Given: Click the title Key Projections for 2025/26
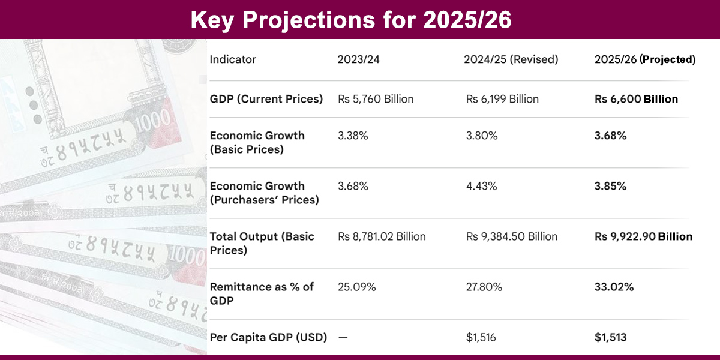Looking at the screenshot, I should [x=351, y=20].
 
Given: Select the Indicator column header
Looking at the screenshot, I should [x=233, y=59].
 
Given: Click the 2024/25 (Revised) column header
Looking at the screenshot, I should [x=511, y=59].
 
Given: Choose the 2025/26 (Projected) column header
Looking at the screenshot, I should [x=645, y=59].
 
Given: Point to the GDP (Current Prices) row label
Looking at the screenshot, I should [x=266, y=99].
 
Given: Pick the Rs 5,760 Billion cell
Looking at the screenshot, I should [x=376, y=99].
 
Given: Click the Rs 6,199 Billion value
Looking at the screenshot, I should [x=502, y=99].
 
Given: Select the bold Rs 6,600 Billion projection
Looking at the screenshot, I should [x=636, y=99].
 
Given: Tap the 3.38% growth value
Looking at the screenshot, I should [x=353, y=136].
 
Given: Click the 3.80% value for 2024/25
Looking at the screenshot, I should [x=481, y=136].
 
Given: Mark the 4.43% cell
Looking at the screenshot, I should [x=481, y=186].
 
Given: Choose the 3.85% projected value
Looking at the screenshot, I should [x=610, y=186].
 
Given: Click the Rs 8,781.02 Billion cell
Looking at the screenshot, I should [x=382, y=236].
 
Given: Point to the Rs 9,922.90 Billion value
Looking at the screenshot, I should [x=643, y=236].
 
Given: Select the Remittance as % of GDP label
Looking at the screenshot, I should [x=262, y=293].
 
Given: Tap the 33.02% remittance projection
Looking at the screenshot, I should [x=614, y=287].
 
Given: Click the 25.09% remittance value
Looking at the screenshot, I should [x=357, y=287].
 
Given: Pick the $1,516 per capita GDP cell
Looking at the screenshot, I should [x=481, y=337].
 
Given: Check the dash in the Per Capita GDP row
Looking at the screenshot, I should [x=343, y=337].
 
